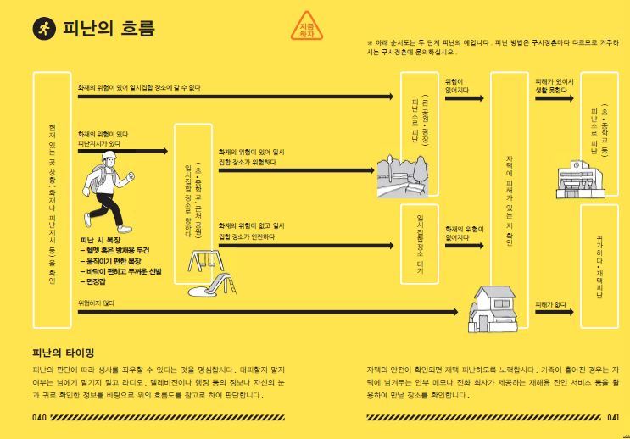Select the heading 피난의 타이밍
pos(63,352)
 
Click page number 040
pos(40,418)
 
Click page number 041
pos(614,418)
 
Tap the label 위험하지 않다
pos(96,303)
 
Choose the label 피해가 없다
pos(550,303)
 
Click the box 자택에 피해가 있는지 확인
pos(509,200)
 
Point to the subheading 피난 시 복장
pos(101,240)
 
